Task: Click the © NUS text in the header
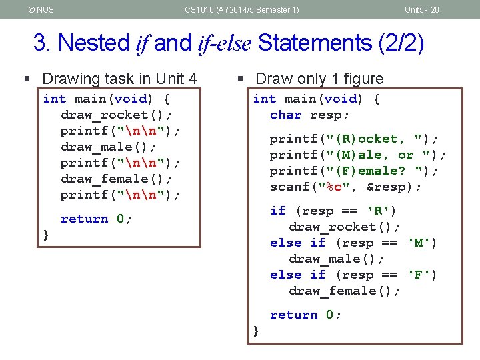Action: (x=41, y=9)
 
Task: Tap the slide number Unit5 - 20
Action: (x=421, y=9)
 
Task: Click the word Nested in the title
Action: (x=94, y=43)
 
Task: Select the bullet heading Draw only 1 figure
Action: (x=319, y=79)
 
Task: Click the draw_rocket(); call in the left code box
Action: (x=116, y=115)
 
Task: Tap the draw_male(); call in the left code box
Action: (x=108, y=147)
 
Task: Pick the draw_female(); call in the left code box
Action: (x=116, y=179)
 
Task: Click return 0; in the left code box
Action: (x=96, y=219)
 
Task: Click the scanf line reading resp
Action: (x=345, y=187)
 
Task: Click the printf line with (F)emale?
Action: (x=353, y=171)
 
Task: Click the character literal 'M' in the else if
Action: (x=422, y=243)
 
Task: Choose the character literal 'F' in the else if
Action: (x=422, y=275)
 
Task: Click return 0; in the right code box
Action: (x=305, y=315)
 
